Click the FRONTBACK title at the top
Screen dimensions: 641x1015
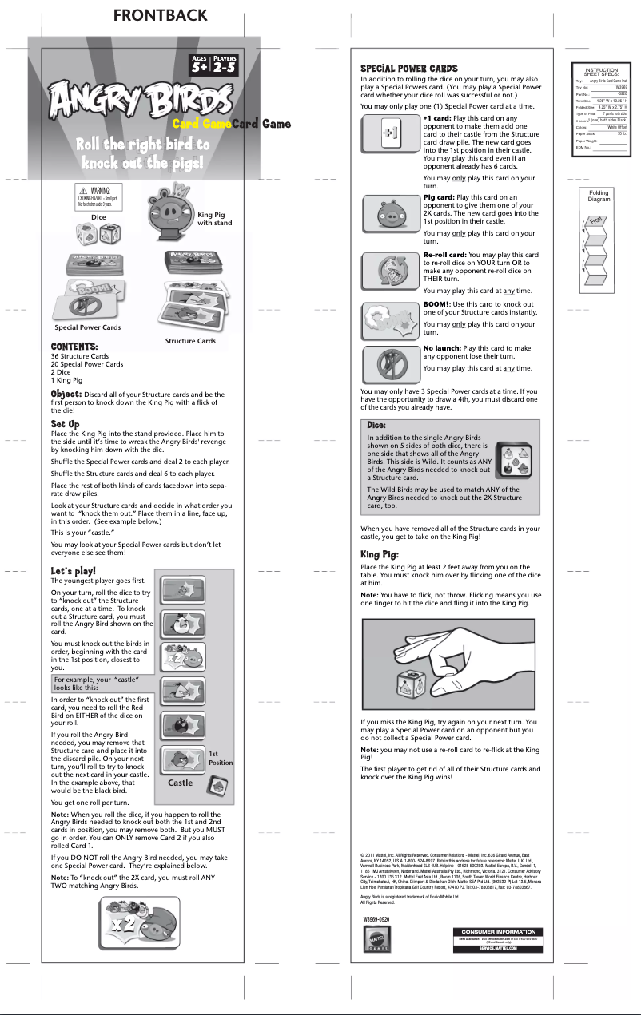click(160, 15)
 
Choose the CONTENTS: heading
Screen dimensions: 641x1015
click(74, 347)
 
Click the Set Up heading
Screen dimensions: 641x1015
click(65, 423)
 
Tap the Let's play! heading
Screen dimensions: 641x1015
click(74, 571)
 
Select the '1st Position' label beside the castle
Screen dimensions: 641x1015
click(221, 758)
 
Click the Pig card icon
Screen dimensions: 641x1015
click(390, 213)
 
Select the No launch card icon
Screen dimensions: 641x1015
click(390, 363)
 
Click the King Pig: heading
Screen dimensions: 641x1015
click(380, 554)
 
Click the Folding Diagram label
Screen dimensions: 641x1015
click(599, 196)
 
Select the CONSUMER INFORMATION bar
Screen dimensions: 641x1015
click(496, 932)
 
